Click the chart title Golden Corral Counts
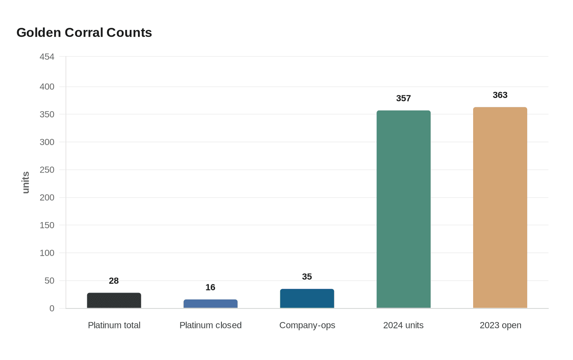point(84,32)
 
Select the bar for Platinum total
point(114,301)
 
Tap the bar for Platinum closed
point(210,304)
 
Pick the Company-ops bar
point(307,299)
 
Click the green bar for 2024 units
point(404,209)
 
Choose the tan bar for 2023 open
point(500,208)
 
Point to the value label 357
point(404,98)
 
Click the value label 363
point(500,95)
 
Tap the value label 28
point(114,281)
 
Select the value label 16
point(210,287)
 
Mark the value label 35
point(307,277)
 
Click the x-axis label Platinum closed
point(210,325)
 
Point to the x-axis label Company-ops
point(307,325)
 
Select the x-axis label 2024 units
point(404,325)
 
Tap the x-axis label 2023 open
point(500,325)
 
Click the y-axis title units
point(26,182)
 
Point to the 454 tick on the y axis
point(47,57)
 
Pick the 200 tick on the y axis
point(47,198)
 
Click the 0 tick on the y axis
point(52,308)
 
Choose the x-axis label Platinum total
point(114,325)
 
